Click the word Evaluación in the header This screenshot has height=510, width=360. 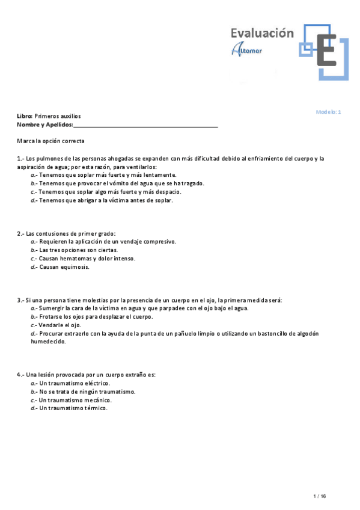[x=262, y=34]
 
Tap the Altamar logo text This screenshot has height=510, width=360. [x=246, y=51]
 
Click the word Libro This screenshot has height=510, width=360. [x=24, y=116]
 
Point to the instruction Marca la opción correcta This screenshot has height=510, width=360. [x=51, y=141]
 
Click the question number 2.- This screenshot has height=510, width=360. [x=21, y=233]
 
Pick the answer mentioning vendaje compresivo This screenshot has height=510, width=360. [x=103, y=242]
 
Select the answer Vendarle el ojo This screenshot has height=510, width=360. [x=56, y=325]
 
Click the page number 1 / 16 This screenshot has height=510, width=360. [x=320, y=496]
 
